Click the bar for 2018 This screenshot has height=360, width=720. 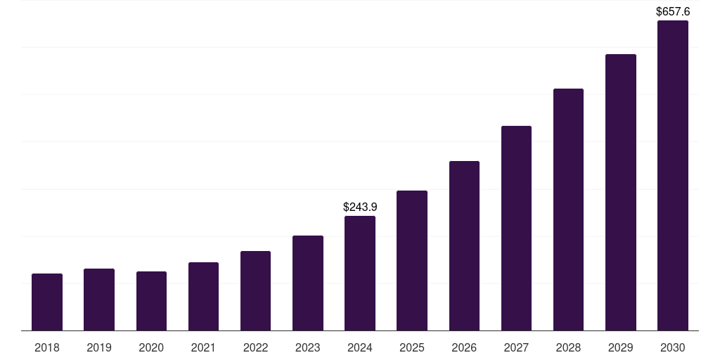point(47,302)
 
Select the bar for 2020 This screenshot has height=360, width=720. point(151,301)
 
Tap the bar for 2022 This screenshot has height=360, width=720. point(255,291)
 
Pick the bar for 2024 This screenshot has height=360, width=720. point(360,274)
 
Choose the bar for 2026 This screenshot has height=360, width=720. point(464,246)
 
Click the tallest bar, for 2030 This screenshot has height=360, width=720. point(673,176)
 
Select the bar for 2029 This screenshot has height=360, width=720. point(621,193)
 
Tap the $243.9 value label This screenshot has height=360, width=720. point(360,207)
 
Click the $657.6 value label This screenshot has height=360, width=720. point(673,12)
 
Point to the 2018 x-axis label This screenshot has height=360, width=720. point(47,347)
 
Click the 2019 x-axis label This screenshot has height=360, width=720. point(99,347)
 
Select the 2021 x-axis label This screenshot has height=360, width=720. point(203,347)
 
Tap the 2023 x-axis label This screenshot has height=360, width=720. point(308,347)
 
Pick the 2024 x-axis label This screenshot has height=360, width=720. point(360,347)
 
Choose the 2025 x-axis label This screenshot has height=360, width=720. point(412,347)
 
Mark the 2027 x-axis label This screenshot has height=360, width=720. point(516,347)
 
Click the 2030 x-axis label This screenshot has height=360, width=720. point(673,347)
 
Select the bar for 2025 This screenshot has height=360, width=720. point(412,261)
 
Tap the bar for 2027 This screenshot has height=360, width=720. point(516,229)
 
